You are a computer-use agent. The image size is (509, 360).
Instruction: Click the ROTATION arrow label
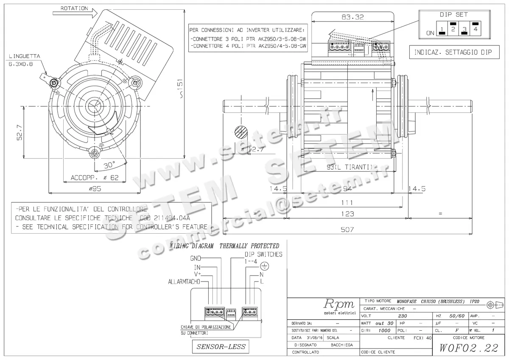(x=74, y=8)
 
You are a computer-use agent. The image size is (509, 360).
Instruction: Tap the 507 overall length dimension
(x=347, y=229)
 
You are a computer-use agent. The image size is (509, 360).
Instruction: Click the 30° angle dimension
(x=109, y=164)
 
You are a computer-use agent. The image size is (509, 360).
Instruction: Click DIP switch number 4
(x=475, y=29)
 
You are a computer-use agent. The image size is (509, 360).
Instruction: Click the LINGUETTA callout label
(x=24, y=56)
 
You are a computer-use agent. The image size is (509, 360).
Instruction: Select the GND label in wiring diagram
(x=196, y=258)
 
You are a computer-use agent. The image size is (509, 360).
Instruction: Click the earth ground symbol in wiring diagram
(x=264, y=266)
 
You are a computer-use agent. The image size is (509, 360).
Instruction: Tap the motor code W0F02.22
(x=469, y=348)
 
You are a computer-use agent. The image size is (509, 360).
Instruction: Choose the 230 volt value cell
(x=403, y=316)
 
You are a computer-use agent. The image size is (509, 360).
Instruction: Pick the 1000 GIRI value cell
(x=384, y=330)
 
